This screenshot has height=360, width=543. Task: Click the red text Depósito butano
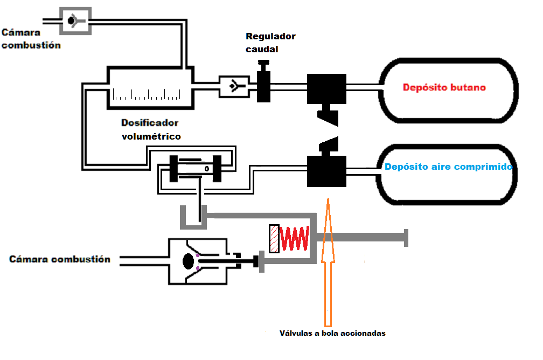pyautogui.click(x=444, y=87)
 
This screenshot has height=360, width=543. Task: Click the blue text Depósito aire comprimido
pyautogui.click(x=448, y=167)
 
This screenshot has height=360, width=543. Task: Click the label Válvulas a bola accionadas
pyautogui.click(x=332, y=333)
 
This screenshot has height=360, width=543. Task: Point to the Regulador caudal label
pyautogui.click(x=270, y=43)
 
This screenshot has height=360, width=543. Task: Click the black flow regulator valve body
pyautogui.click(x=263, y=85)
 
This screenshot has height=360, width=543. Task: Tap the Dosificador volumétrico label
pyautogui.click(x=150, y=129)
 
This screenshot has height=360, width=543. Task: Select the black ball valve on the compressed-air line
pyautogui.click(x=326, y=171)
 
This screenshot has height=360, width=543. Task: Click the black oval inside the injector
pyautogui.click(x=188, y=261)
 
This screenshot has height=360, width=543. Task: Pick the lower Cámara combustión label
pyautogui.click(x=60, y=259)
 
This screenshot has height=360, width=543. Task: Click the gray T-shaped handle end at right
pyautogui.click(x=405, y=237)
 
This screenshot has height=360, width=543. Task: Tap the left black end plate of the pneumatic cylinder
pyautogui.click(x=173, y=169)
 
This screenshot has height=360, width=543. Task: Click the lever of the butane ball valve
pyautogui.click(x=328, y=116)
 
